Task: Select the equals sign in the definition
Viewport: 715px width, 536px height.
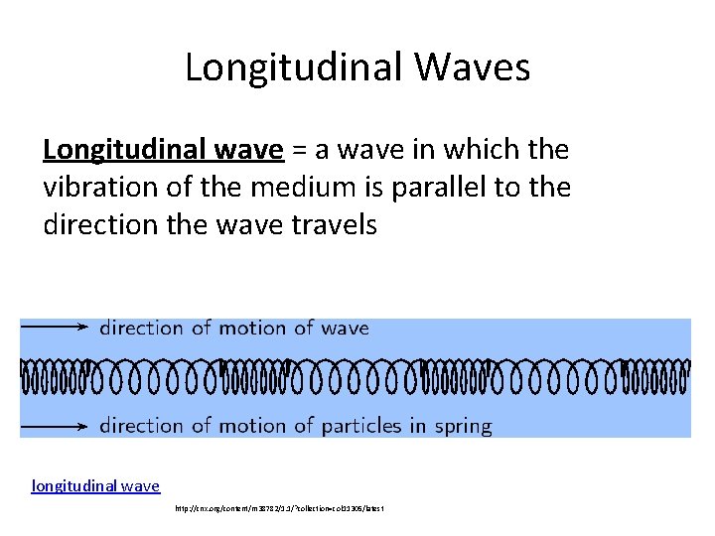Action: pos(297,150)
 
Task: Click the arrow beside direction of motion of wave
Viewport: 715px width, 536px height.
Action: pos(56,327)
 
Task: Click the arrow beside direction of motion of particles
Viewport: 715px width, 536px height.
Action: pos(56,426)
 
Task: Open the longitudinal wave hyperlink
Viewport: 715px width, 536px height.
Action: pos(95,485)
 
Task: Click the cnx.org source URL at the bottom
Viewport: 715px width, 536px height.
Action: pos(279,508)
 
